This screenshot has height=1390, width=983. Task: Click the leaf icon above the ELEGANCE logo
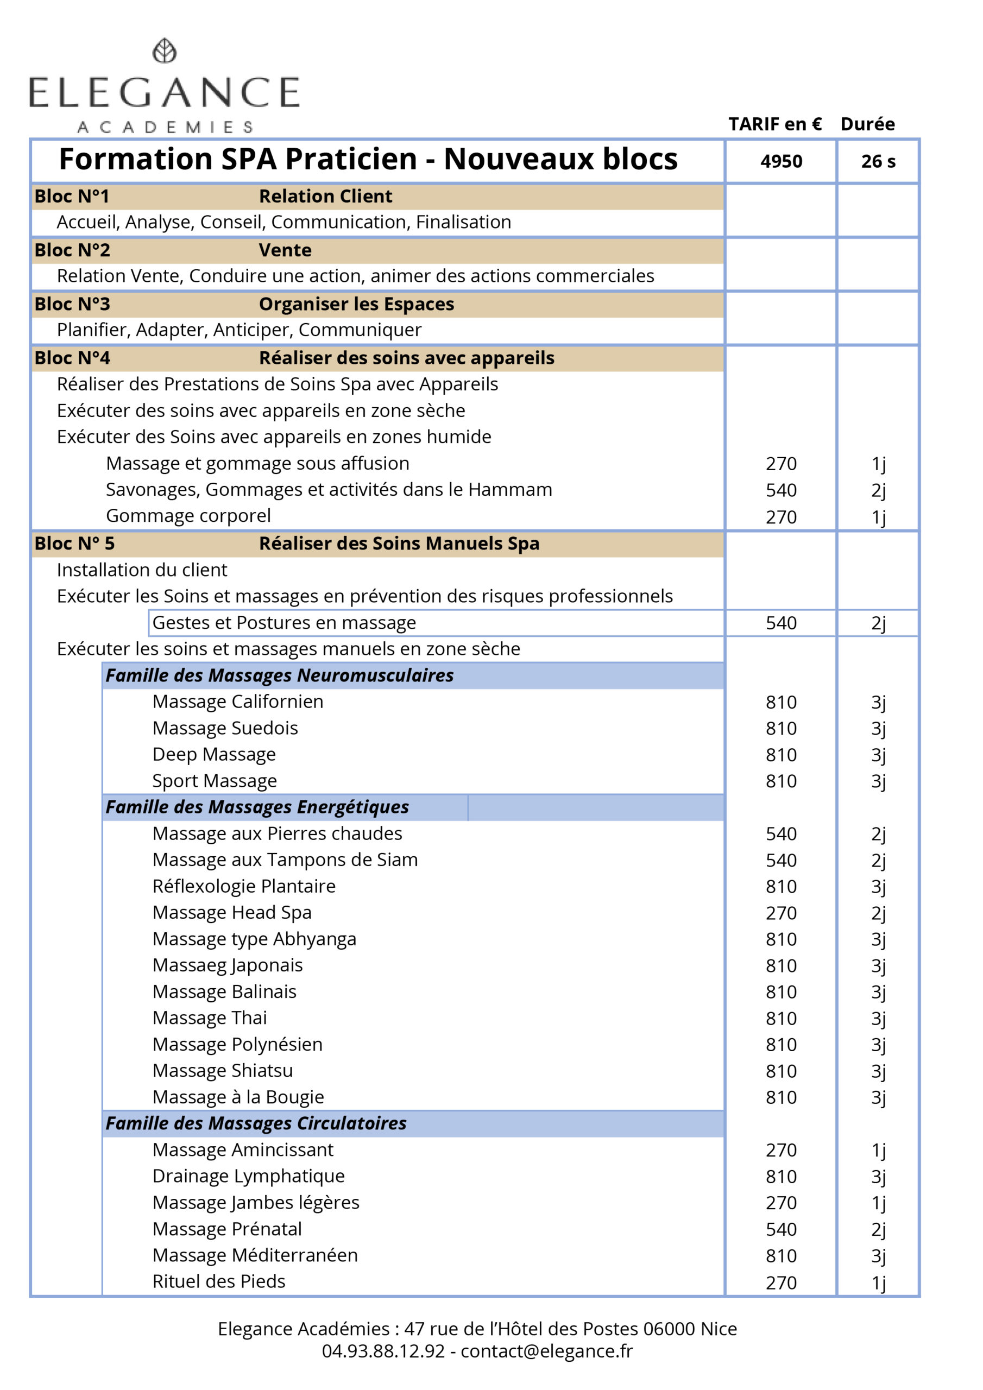tap(164, 51)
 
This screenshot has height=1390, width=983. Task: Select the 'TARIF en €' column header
tap(774, 124)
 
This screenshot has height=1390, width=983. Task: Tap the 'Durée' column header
tap(867, 124)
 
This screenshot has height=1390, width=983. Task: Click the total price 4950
tap(781, 162)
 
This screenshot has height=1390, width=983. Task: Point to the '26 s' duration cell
tap(878, 162)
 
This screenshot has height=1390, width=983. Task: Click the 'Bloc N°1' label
tap(72, 196)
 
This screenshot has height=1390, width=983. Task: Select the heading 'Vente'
tap(285, 250)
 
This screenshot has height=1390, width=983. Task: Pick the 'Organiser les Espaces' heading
tap(356, 304)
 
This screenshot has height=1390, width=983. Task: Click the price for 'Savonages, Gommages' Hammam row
tap(781, 490)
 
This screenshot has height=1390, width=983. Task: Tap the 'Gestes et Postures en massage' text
tap(284, 622)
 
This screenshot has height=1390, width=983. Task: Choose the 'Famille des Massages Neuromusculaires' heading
tap(279, 675)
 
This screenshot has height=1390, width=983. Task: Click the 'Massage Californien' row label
tap(238, 702)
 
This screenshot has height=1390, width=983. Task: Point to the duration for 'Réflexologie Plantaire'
tap(878, 886)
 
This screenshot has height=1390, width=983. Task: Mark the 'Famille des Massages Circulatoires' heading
tap(256, 1123)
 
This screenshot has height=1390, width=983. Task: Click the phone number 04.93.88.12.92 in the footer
tap(383, 1351)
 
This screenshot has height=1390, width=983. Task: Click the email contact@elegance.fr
tap(546, 1351)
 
